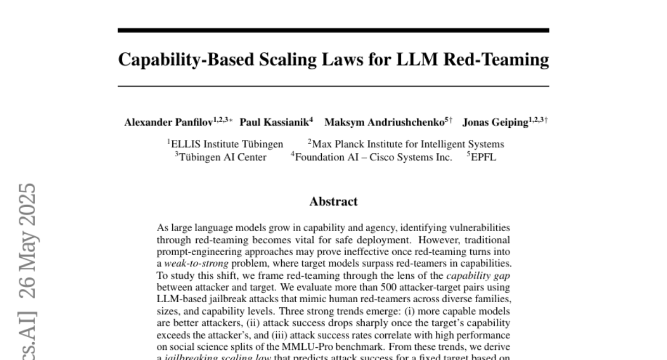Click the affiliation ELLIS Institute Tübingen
[227, 144]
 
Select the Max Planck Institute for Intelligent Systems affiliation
[409, 144]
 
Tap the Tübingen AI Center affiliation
[222, 157]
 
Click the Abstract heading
[333, 202]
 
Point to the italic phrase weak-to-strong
[192, 263]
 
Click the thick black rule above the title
[333, 31]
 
